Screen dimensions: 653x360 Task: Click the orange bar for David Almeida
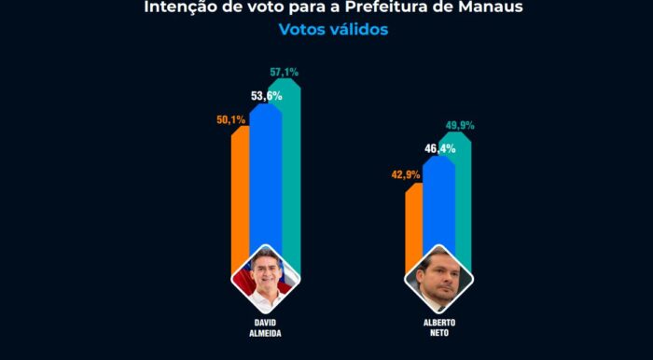pos(241,196)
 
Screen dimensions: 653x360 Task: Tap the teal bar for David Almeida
pos(291,166)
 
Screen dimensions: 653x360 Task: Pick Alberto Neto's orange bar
pos(414,225)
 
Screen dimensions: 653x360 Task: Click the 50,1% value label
pos(230,120)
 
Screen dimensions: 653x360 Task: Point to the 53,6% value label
pos(267,96)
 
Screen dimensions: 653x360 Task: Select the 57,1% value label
pos(284,72)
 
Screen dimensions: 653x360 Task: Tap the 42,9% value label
pos(406,174)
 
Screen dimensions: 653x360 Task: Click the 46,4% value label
pos(439,148)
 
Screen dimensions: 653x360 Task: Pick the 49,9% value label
pos(460,125)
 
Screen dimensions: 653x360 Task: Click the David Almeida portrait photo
pos(266,279)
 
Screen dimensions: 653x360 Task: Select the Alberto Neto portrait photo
pos(438,279)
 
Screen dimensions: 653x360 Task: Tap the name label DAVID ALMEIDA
pos(265,328)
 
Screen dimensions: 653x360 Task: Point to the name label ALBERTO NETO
pos(438,328)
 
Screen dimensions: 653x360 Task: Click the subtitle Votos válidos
pos(333,29)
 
